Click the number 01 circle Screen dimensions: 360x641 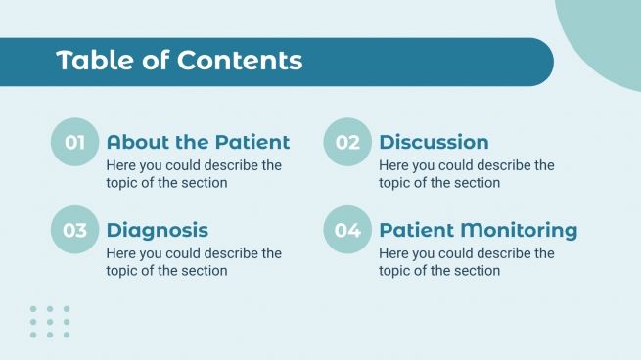point(74,143)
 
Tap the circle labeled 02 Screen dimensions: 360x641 point(347,143)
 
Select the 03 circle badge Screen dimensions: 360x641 point(74,231)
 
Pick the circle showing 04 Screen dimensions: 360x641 point(347,231)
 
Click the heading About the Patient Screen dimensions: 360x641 point(198,143)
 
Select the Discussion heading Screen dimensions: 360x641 point(434,143)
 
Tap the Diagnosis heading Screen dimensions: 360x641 point(157,231)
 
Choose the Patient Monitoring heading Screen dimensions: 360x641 point(478,231)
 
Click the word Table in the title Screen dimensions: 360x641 point(89,61)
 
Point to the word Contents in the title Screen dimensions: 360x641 point(240,61)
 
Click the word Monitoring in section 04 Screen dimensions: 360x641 point(519,231)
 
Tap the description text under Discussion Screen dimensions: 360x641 point(466,174)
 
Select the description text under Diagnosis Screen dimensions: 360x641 point(194,262)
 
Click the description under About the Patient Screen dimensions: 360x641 point(194,174)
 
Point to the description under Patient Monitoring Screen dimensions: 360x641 point(466,262)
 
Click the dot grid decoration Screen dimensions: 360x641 point(49,322)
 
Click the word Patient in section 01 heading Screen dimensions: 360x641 point(252,143)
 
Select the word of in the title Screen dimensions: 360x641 point(155,61)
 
